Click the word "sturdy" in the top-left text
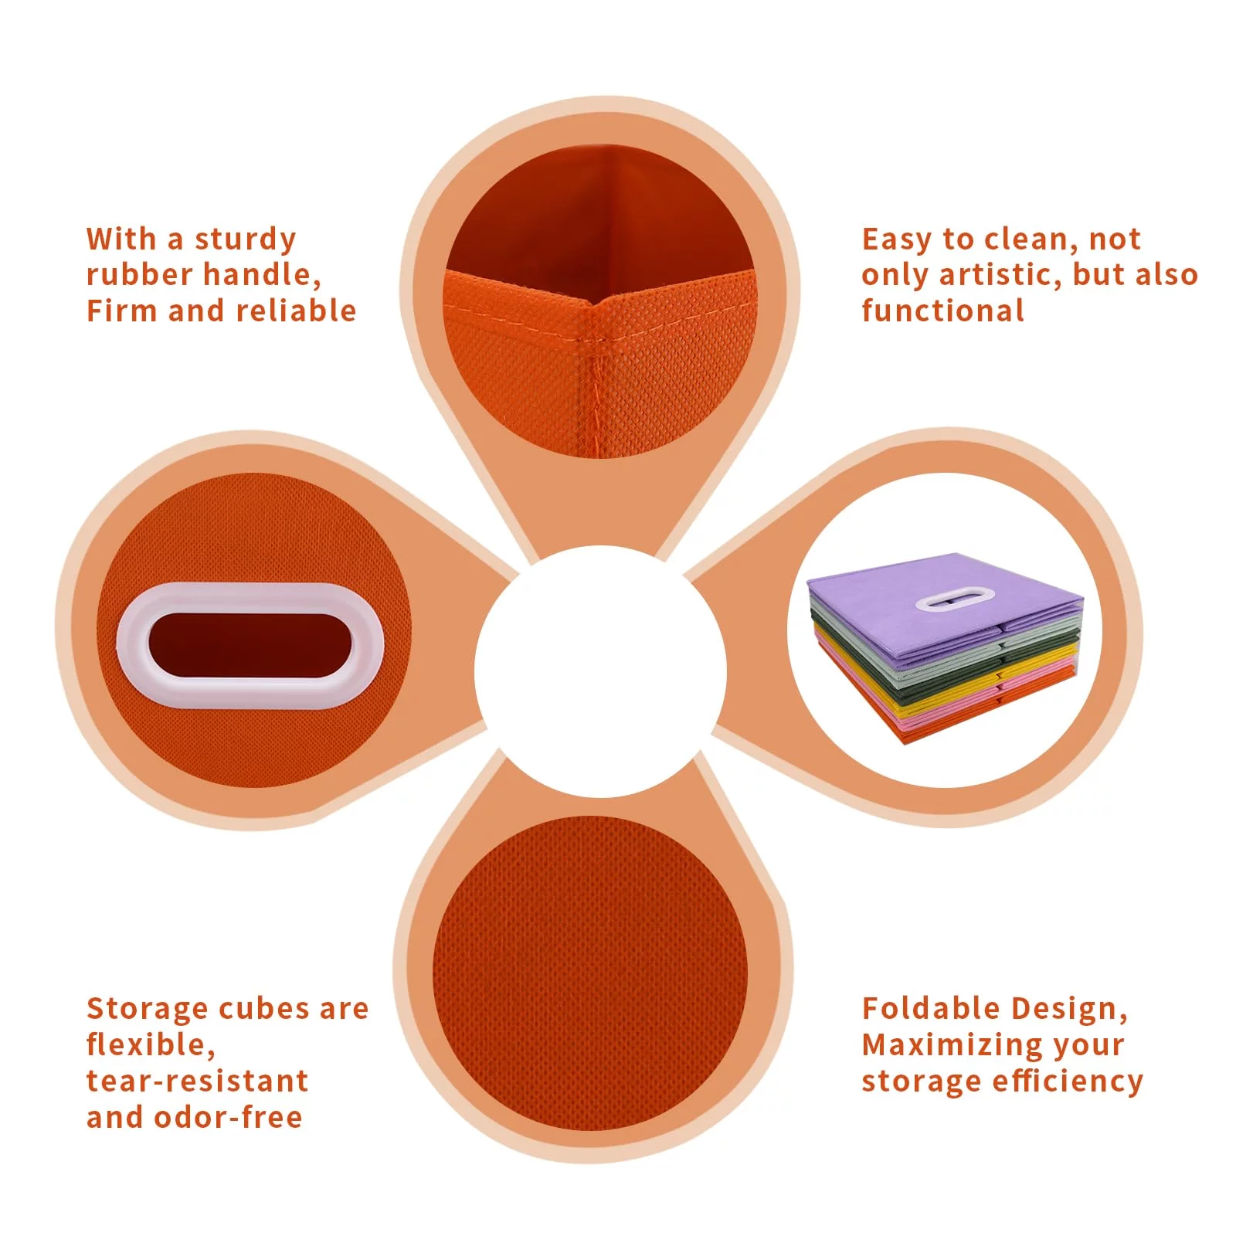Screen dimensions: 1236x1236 246,239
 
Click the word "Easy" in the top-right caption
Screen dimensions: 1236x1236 896,240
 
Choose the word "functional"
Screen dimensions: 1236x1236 943,311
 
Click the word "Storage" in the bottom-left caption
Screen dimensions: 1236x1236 148,1010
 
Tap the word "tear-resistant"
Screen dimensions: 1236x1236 197,1081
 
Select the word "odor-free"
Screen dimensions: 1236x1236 228,1117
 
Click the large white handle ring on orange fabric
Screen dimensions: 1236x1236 250,646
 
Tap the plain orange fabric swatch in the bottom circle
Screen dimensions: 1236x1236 590,973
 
